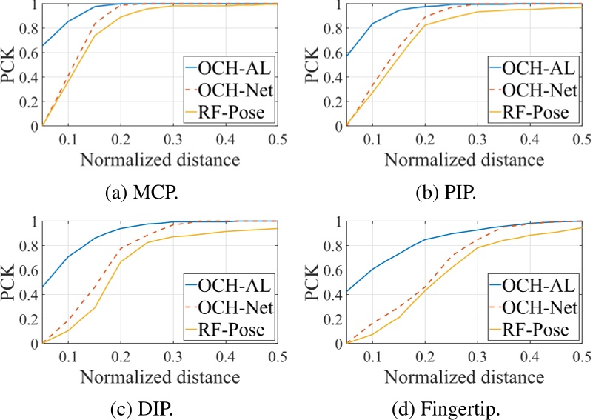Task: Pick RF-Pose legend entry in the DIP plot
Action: pyautogui.click(x=234, y=329)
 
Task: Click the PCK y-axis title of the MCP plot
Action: pyautogui.click(x=10, y=64)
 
